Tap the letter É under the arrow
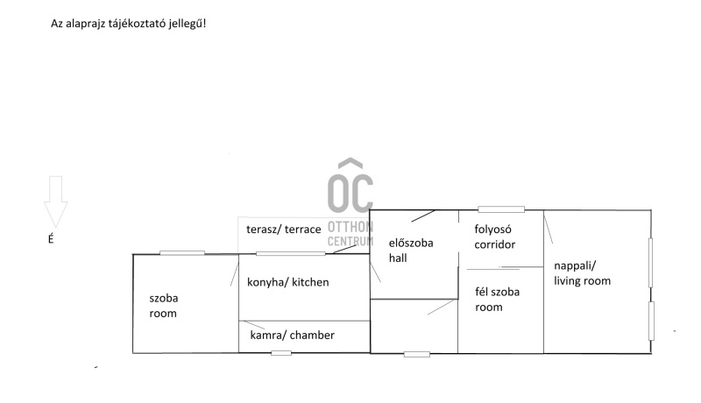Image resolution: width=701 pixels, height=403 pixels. point(50,237)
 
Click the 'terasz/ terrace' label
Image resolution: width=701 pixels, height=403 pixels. point(282,229)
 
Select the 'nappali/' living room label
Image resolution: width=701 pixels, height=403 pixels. point(576,267)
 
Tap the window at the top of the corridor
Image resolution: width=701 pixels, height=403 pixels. point(501,209)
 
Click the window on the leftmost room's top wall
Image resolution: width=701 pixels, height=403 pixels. point(182,253)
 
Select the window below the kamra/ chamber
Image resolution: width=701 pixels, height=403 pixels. point(281,353)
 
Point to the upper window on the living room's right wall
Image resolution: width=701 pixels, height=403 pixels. point(650,260)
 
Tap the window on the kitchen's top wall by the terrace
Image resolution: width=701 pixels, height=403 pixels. point(290,254)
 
